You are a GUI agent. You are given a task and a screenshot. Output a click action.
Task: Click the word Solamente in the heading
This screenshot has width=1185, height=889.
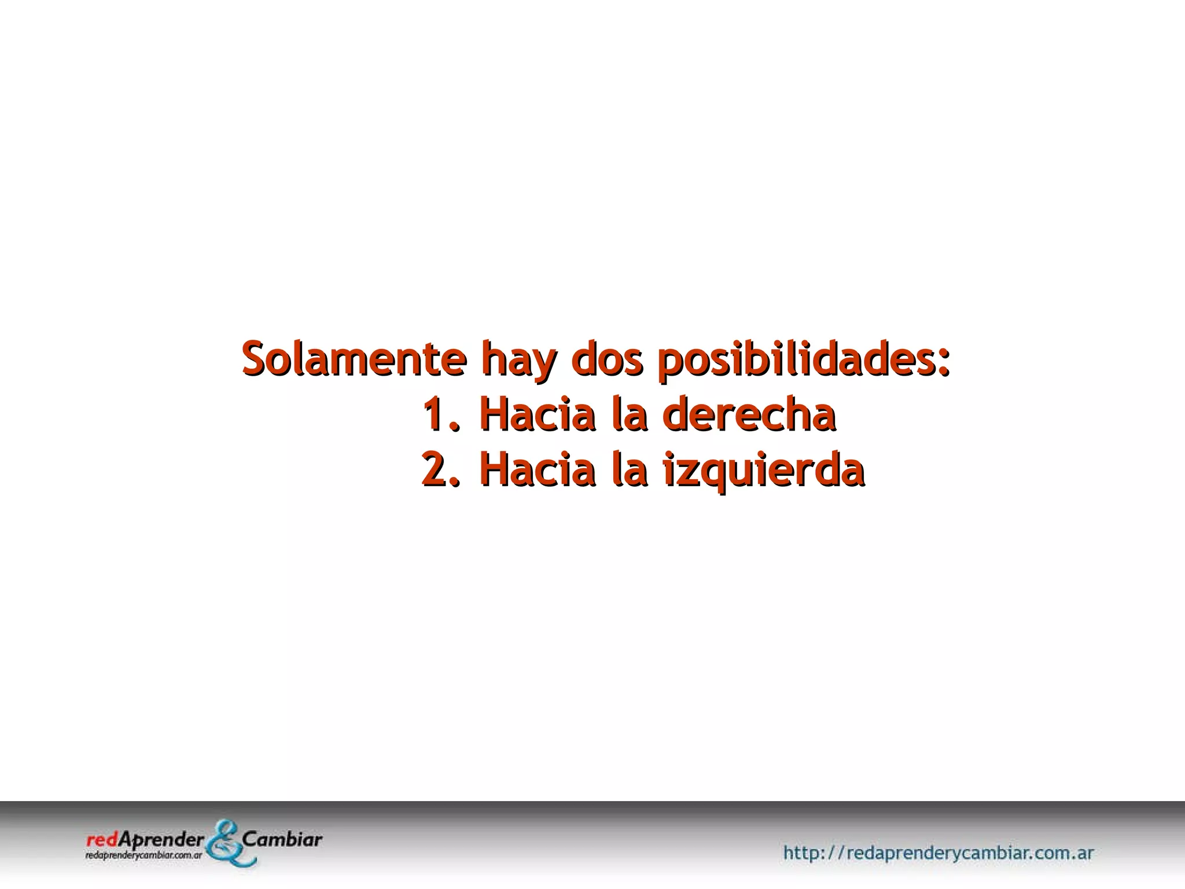[354, 359]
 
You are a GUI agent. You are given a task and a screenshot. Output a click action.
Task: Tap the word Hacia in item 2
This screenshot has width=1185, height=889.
[538, 469]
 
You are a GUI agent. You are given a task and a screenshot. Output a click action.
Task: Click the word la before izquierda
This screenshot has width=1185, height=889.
[630, 469]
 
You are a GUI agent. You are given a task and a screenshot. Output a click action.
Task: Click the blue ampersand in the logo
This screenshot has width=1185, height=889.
[229, 843]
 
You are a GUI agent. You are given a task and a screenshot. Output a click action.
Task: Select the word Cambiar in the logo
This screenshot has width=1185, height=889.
[283, 839]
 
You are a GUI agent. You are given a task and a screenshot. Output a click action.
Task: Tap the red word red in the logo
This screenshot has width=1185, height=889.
[101, 839]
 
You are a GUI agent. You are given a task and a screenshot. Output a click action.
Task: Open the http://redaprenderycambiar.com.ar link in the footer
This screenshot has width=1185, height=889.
[938, 853]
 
